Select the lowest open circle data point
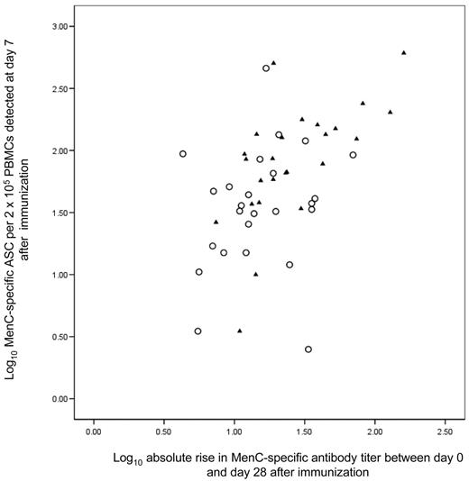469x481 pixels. coord(308,349)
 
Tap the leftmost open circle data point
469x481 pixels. coord(182,154)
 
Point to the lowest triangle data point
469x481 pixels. coord(239,331)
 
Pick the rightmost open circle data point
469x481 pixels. coord(354,155)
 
